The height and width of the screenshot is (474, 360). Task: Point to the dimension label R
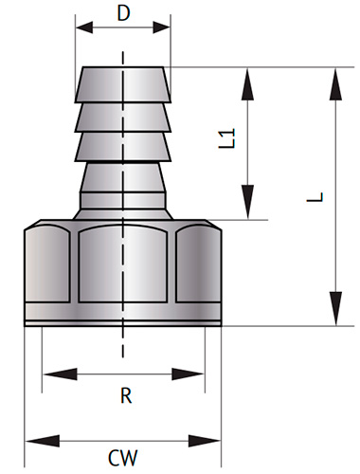pyautogui.click(x=125, y=396)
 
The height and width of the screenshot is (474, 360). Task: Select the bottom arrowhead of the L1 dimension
pyautogui.click(x=248, y=210)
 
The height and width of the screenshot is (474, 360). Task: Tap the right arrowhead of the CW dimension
pyautogui.click(x=214, y=440)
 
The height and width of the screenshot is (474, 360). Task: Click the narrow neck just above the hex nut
pyautogui.click(x=124, y=209)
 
